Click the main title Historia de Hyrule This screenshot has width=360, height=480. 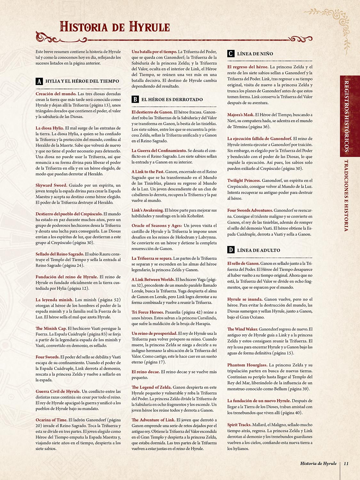point(115,27)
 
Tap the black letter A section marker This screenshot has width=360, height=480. point(39,81)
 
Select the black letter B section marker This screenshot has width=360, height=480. point(135,100)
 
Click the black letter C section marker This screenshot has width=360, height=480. point(231,54)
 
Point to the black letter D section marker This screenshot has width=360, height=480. point(231,250)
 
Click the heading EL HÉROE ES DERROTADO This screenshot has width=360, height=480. point(172,100)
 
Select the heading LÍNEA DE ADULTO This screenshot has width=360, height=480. point(258,250)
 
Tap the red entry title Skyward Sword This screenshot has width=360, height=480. point(51,185)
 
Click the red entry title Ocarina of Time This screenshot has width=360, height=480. point(51,420)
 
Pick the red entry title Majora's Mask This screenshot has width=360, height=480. point(241,115)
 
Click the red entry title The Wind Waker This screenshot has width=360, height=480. point(243,329)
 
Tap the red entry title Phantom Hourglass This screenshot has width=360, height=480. point(247,365)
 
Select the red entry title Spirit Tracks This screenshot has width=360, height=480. point(239,425)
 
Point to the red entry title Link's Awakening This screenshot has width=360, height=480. point(148,210)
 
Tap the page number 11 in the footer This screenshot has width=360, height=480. point(346,463)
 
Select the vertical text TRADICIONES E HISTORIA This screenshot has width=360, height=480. point(346,195)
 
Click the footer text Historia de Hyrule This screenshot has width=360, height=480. point(318,463)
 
